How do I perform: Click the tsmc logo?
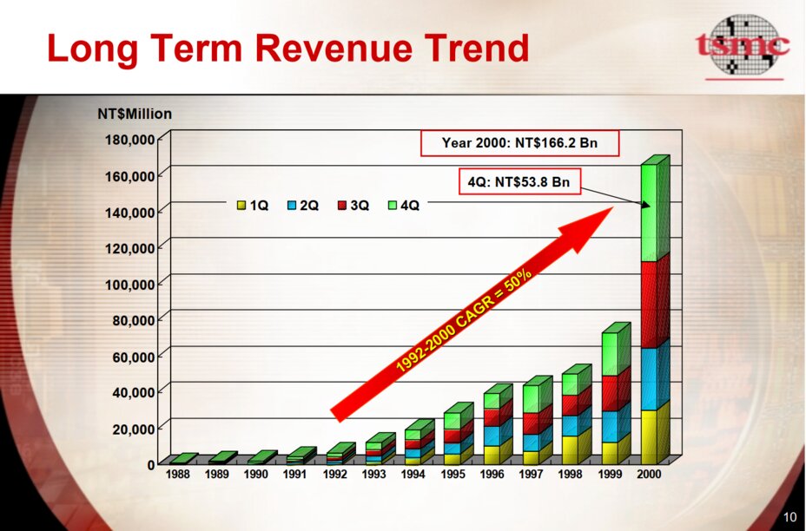[x=743, y=45]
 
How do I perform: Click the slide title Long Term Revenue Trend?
[x=287, y=49]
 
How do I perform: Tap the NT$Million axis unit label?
[x=135, y=114]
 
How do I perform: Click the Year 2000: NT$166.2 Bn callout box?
[x=519, y=143]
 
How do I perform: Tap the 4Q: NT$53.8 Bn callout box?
[x=519, y=183]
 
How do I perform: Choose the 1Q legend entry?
[x=253, y=206]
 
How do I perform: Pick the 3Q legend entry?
[x=353, y=206]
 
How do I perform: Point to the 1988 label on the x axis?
[x=180, y=475]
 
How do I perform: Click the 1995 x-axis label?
[x=453, y=475]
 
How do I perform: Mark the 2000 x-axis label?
[x=649, y=475]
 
